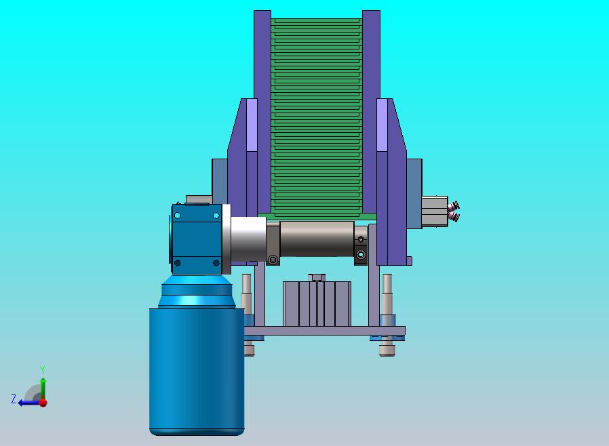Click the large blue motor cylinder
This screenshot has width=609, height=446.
point(197,371)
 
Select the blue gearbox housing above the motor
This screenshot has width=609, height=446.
point(197,239)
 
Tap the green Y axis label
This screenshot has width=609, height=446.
point(43,369)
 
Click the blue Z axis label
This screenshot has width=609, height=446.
point(14,399)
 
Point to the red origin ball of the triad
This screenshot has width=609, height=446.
point(43,403)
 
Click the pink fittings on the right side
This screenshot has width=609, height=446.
point(454,211)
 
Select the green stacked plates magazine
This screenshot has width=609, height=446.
point(317,117)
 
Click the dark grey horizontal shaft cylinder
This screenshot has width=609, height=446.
point(317,239)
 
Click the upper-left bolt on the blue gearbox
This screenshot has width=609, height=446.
point(178,216)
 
